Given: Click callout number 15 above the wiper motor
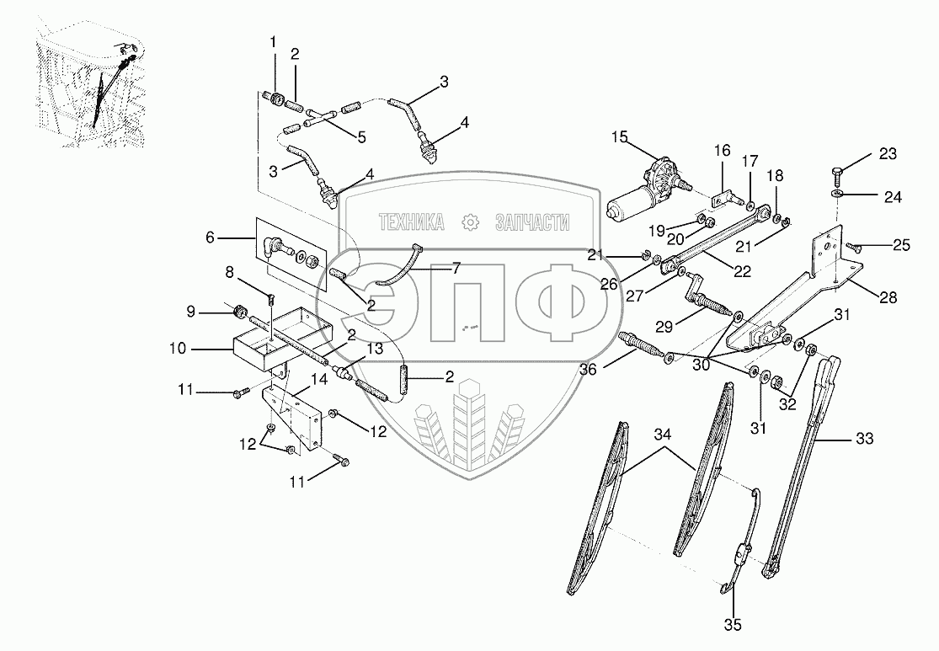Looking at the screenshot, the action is coord(620,137).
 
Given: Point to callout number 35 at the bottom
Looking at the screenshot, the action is coord(734,625).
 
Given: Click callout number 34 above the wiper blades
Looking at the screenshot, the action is coord(663,435).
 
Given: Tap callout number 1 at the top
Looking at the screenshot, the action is coord(272,42).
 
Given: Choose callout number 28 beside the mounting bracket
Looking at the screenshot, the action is coord(888,297).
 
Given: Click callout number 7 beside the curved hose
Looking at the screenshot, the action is coord(456,269).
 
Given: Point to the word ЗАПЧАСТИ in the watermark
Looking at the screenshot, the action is coord(531,222).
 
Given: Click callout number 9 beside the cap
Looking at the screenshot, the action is coord(191,312).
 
